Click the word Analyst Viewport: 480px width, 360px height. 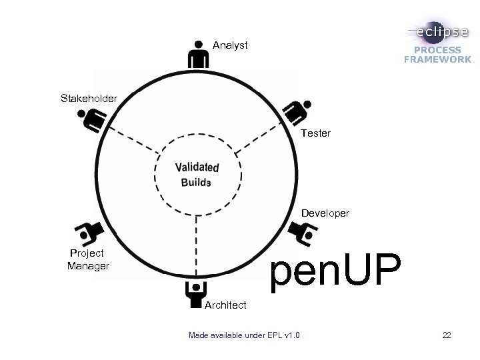pos(230,45)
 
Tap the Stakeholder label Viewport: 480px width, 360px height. pos(89,99)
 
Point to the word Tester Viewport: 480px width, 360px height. pos(315,133)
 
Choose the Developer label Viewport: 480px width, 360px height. pos(325,213)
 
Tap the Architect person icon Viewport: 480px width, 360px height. pos(195,294)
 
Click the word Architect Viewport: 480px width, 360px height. pos(226,305)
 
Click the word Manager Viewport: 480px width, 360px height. pos(88,267)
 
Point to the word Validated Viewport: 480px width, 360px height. pos(197,167)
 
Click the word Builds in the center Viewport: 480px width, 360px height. pos(195,183)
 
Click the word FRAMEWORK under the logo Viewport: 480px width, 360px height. pos(437,59)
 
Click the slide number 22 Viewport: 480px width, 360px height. pos(446,335)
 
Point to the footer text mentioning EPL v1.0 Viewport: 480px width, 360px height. pos(244,335)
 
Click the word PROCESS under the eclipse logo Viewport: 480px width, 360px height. pos(437,50)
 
